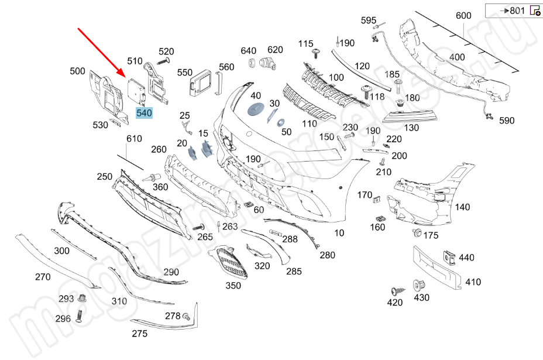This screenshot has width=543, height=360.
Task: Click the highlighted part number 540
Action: [145, 113]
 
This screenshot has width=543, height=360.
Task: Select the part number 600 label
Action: [463, 16]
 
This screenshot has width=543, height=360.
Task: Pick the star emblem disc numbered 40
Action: [256, 110]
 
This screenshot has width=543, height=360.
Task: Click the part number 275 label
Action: [139, 334]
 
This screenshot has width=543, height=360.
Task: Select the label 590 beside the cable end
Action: [507, 121]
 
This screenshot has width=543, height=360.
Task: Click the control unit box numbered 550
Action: [202, 81]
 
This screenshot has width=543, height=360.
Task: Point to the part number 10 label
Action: [339, 233]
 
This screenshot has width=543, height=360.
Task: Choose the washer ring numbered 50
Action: [280, 122]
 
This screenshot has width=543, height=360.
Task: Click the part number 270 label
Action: [43, 277]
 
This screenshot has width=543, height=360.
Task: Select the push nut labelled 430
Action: [419, 286]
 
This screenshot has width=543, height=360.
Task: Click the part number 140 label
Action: [462, 207]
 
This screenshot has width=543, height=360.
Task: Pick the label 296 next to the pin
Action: [63, 319]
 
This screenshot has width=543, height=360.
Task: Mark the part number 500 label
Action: [77, 71]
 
